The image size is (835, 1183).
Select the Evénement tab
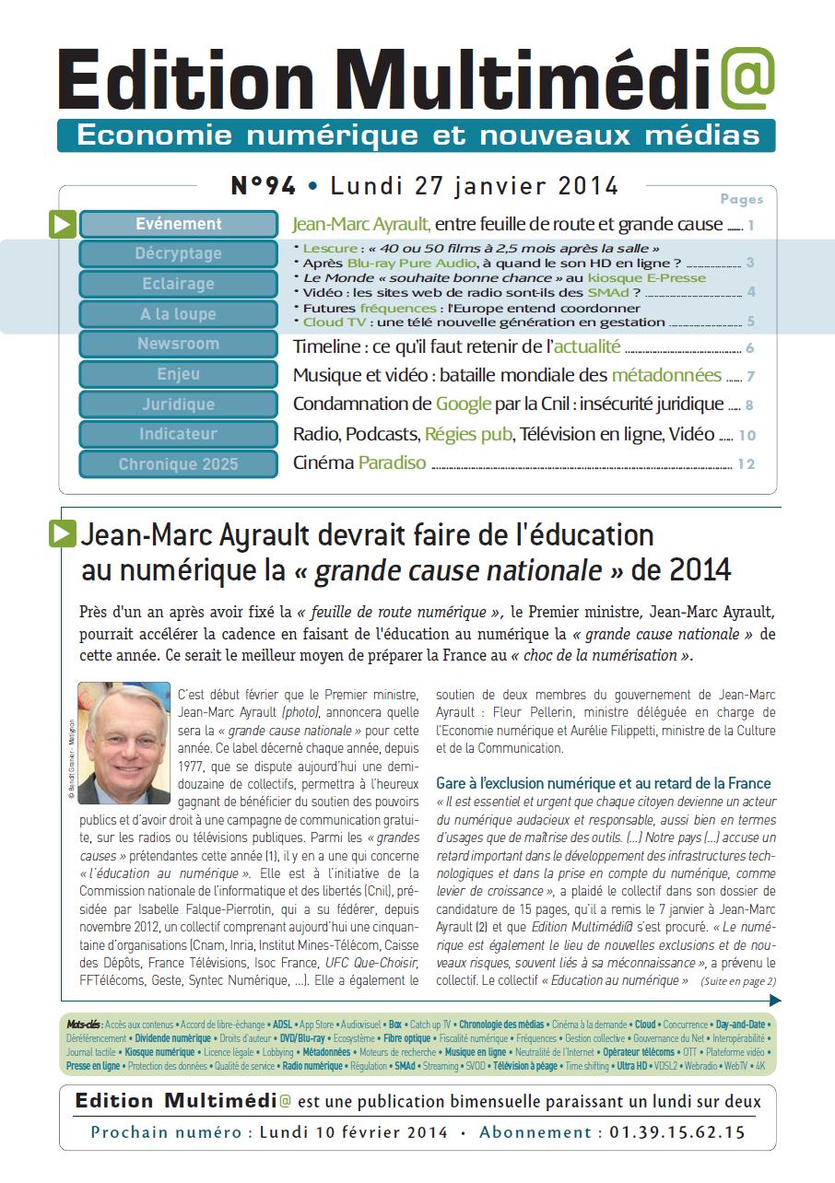(179, 224)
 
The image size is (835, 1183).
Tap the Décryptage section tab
(179, 253)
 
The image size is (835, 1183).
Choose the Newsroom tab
(179, 344)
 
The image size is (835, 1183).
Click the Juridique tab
(179, 404)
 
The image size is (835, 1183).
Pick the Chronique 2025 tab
(179, 464)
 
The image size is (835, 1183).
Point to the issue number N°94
(263, 186)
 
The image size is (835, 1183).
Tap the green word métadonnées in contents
(666, 375)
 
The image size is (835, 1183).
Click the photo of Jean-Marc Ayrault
(123, 744)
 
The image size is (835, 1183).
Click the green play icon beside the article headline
(63, 533)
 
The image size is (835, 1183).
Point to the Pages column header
(741, 199)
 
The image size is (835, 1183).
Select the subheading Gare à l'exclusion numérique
(604, 783)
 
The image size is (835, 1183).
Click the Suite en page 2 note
(739, 981)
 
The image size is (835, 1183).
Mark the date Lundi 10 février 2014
(354, 1132)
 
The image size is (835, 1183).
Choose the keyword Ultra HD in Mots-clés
(632, 1066)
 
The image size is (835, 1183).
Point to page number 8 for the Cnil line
(749, 404)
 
